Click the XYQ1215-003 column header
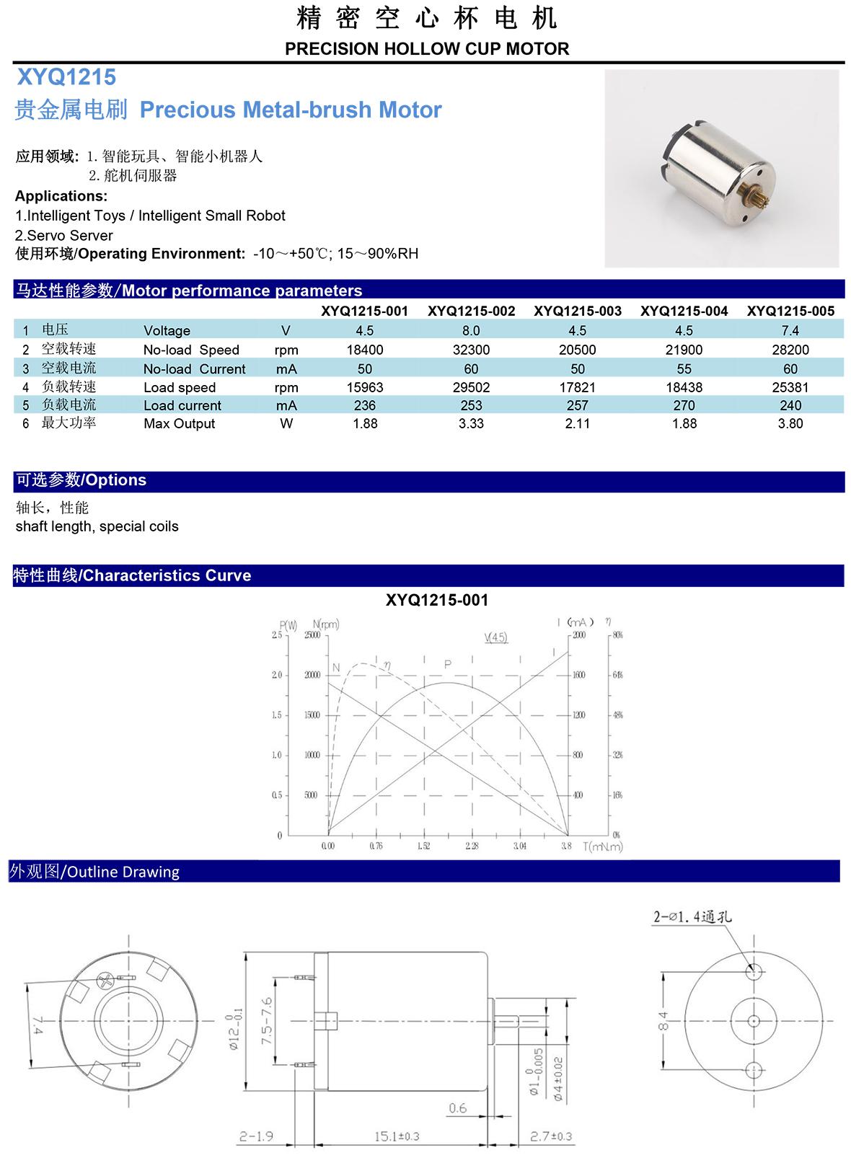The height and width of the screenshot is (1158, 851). click(577, 311)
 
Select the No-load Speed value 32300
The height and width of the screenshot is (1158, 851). click(471, 350)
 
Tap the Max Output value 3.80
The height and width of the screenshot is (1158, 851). click(790, 423)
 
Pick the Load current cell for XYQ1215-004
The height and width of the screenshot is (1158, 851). click(684, 405)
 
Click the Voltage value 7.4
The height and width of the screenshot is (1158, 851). click(790, 330)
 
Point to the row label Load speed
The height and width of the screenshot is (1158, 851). click(180, 387)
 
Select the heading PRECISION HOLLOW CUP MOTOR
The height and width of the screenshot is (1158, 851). click(427, 49)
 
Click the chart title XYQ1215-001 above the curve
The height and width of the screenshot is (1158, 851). click(437, 600)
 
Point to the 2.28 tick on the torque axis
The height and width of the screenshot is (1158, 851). click(471, 846)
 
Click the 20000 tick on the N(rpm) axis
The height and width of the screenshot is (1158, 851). click(312, 675)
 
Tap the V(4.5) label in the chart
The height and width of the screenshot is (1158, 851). click(496, 637)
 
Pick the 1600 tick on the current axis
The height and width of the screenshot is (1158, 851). click(578, 675)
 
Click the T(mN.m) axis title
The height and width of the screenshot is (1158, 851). click(603, 847)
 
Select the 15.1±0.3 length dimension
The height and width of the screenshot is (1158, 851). click(397, 1136)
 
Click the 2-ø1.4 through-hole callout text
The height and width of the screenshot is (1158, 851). click(692, 917)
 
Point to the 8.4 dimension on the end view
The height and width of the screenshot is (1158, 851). click(664, 1020)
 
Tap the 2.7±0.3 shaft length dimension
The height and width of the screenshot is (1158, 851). click(551, 1136)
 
